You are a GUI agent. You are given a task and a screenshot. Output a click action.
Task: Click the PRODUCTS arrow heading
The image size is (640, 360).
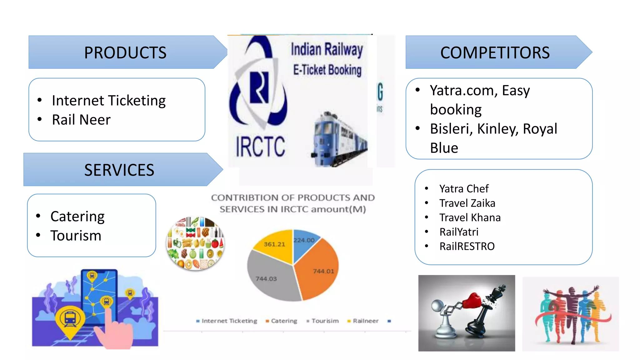[125, 52]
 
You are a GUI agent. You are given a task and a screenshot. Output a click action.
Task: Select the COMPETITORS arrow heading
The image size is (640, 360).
[495, 52]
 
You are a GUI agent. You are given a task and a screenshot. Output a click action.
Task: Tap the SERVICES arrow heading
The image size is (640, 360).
[119, 170]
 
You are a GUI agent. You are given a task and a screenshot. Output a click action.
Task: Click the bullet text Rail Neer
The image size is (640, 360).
[81, 120]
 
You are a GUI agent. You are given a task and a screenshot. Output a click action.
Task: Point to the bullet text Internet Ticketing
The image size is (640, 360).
[109, 101]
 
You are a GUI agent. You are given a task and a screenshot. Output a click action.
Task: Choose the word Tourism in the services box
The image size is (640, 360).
[76, 236]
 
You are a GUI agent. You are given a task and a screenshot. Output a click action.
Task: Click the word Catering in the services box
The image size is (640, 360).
[77, 217]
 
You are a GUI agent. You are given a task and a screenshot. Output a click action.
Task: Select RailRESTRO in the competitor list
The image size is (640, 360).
[467, 246]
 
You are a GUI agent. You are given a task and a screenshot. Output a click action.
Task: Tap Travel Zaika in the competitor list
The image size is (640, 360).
[467, 203]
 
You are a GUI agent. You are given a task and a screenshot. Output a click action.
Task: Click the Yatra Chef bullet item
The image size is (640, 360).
[464, 189]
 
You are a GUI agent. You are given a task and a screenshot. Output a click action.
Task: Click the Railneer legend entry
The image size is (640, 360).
[365, 321]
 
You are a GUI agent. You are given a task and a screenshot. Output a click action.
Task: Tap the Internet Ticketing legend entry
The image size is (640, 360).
[229, 321]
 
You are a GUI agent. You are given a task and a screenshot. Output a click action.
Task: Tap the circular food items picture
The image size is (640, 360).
[195, 243]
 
